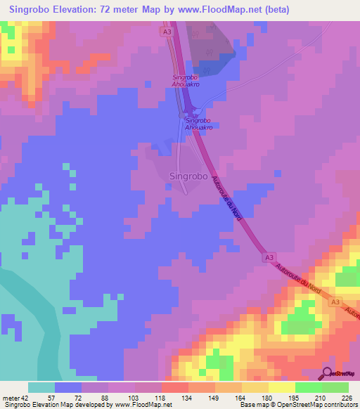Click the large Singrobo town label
coord(188,177)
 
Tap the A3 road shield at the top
coord(166,32)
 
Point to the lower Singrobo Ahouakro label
coord(198,124)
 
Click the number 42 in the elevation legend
coord(26,397)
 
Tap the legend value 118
coord(160,397)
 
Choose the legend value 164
coord(240,397)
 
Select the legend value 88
coord(107,397)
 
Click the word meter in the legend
coord(11,397)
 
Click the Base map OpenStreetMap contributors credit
coord(297,405)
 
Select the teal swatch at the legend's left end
coord(41,387)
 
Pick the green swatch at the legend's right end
coord(335,387)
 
